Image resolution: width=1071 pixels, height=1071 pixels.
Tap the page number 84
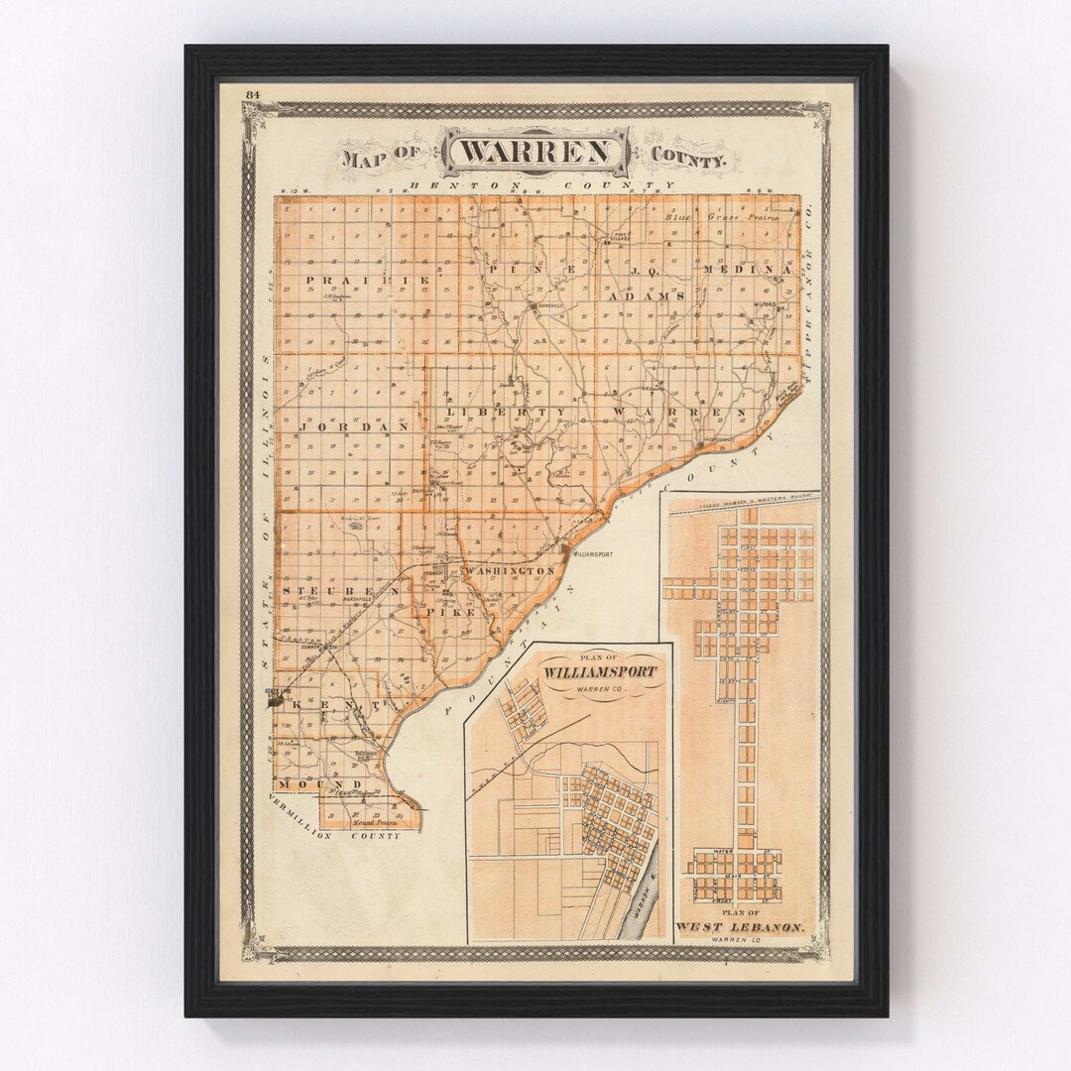pyautogui.click(x=254, y=94)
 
